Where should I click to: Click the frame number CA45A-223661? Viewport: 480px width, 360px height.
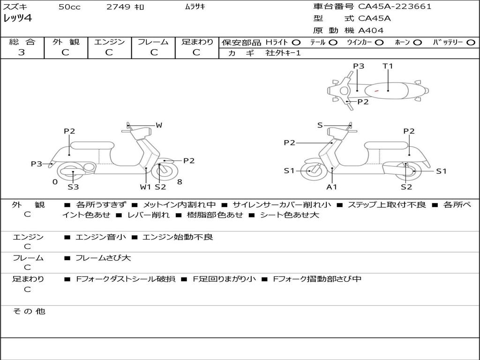point(395,7)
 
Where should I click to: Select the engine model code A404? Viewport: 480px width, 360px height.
point(371,30)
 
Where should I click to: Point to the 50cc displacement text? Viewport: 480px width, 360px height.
point(69,7)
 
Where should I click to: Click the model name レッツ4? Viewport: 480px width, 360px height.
point(17,19)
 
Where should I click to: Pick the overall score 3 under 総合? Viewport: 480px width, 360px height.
point(22,52)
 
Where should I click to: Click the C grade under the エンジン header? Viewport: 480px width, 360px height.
point(109,52)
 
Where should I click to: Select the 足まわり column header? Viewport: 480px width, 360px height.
point(197,42)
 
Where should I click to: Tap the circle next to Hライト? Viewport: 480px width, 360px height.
point(296,42)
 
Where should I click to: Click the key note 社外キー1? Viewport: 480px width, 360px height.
point(283,53)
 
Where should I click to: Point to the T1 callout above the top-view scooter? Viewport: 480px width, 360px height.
point(388,66)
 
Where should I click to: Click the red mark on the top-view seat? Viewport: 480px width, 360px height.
point(376,90)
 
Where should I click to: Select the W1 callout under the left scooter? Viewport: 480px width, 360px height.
point(146,187)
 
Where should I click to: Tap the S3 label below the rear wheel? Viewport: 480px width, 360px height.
point(73,187)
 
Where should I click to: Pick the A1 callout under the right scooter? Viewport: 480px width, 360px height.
point(332,187)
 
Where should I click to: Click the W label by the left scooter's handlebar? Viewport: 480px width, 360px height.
point(159,125)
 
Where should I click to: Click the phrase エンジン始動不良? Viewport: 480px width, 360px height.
point(178,237)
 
